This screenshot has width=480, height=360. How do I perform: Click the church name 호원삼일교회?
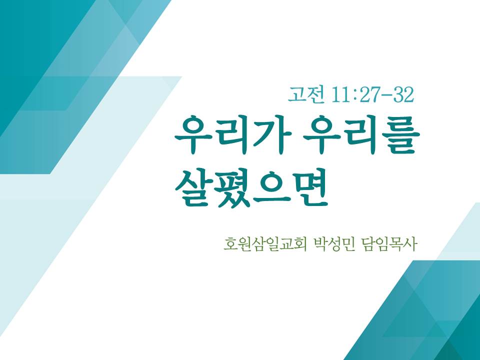coord(265,244)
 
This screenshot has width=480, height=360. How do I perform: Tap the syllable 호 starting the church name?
coord(230,244)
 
